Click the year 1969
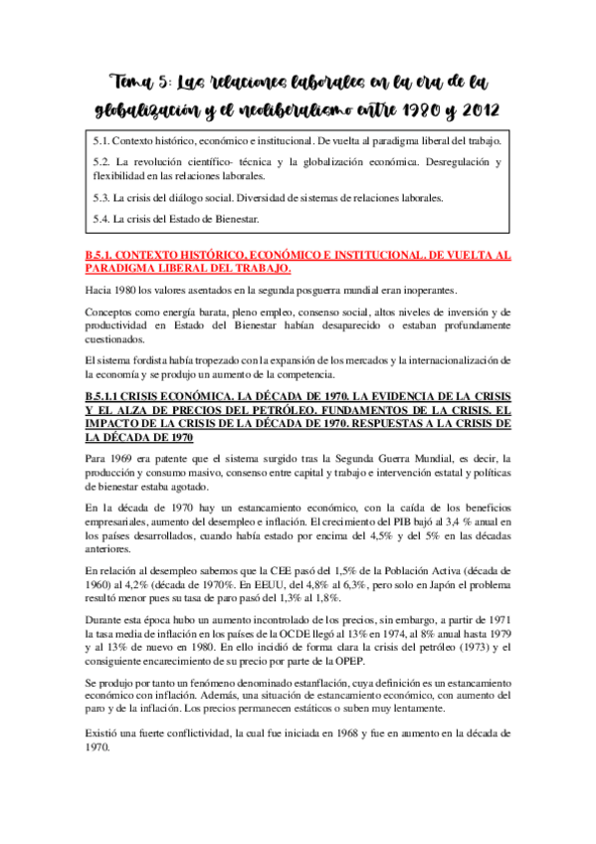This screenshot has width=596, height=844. (121, 456)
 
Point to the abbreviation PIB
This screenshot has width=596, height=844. (390, 521)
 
